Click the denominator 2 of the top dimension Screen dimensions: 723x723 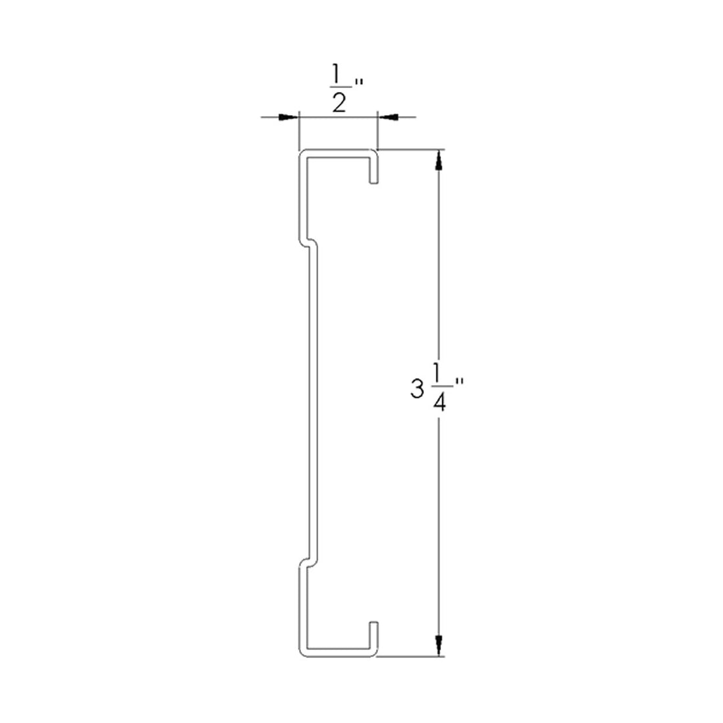[x=338, y=103]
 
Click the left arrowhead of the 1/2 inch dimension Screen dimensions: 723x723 [x=287, y=117]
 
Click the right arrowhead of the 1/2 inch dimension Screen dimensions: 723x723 [x=388, y=117]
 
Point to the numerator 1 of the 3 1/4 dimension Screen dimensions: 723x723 [x=437, y=377]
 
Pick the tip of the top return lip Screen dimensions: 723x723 [x=374, y=182]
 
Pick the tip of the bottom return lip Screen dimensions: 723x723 [x=374, y=622]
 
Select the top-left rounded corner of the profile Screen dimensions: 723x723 [x=303, y=155]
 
